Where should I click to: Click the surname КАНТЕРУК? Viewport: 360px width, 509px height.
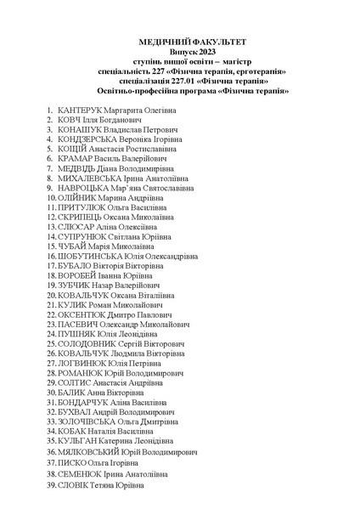pos(80,111)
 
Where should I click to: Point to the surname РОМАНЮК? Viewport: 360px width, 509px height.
pos(83,373)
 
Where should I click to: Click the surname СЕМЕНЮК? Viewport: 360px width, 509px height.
pos(82,474)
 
